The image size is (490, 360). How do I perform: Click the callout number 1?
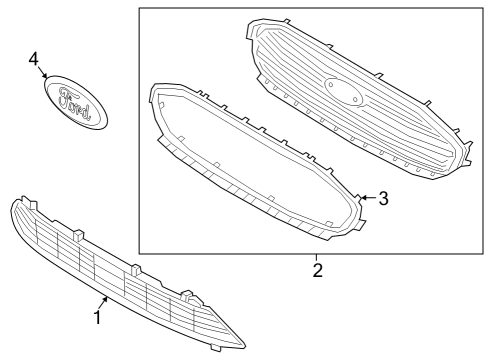pyautogui.click(x=97, y=318)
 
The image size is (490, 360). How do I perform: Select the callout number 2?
pyautogui.click(x=318, y=270)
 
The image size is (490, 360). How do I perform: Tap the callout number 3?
pyautogui.click(x=384, y=198)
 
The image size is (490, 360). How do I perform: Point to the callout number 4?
pyautogui.click(x=34, y=59)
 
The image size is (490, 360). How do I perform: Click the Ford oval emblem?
pyautogui.click(x=76, y=102)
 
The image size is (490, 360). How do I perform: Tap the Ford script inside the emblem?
pyautogui.click(x=74, y=103)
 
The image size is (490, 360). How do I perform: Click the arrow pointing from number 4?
pyautogui.click(x=43, y=72)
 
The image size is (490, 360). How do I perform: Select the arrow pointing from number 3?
pyautogui.click(x=369, y=198)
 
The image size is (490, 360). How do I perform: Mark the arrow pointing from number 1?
pyautogui.click(x=104, y=303)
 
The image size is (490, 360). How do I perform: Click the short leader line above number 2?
pyautogui.click(x=317, y=258)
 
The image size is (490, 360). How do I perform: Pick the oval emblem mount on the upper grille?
pyautogui.click(x=343, y=92)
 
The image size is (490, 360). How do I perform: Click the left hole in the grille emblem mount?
pyautogui.click(x=331, y=85)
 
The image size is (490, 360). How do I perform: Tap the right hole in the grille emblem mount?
pyautogui.click(x=355, y=99)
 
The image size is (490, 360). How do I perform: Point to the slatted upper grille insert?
pyautogui.click(x=359, y=99)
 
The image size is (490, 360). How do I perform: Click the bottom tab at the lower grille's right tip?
pyautogui.click(x=215, y=348)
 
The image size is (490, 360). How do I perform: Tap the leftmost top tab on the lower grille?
pyautogui.click(x=33, y=204)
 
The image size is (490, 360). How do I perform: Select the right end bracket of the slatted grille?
pyautogui.click(x=466, y=154)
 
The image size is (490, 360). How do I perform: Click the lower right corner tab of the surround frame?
pyautogui.click(x=361, y=224)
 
